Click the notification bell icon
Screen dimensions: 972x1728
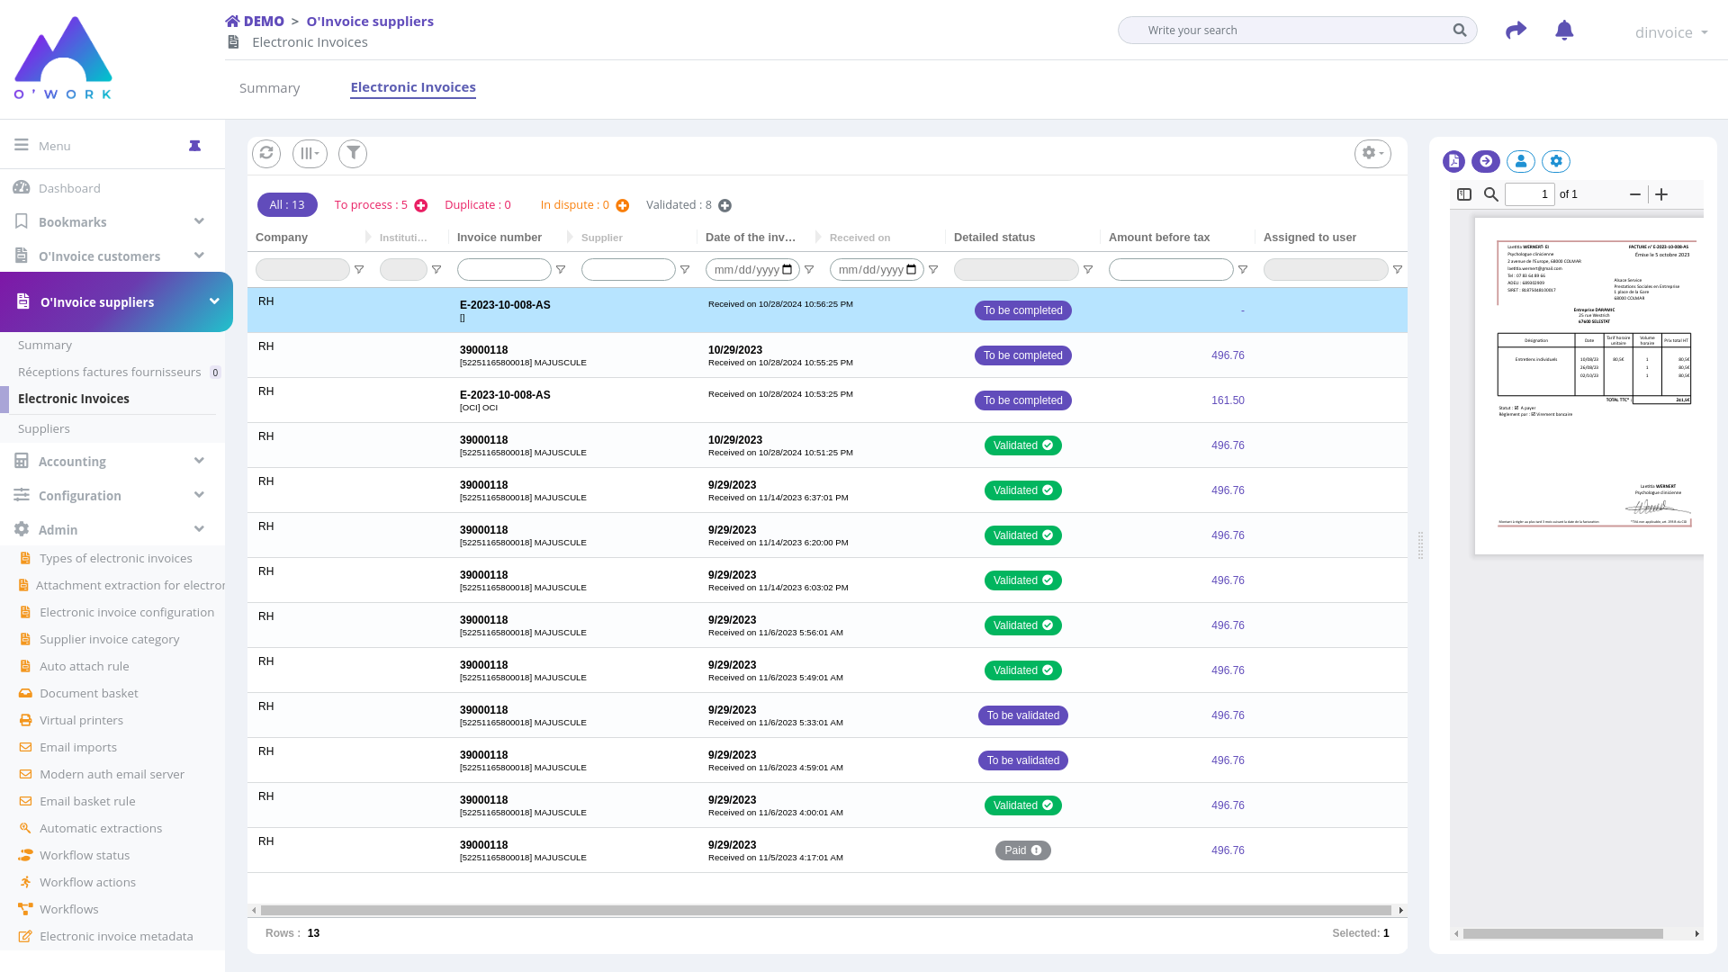[x=1564, y=31]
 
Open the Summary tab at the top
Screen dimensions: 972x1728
[x=269, y=88]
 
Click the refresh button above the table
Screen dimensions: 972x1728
[x=266, y=153]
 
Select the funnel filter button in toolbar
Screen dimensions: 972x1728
[x=353, y=153]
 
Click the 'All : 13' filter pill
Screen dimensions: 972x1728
[x=287, y=205]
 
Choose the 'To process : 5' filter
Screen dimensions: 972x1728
[x=371, y=205]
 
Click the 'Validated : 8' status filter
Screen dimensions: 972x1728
[x=679, y=205]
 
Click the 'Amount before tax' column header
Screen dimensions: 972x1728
[x=1159, y=238]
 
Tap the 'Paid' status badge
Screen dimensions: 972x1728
[x=1022, y=850]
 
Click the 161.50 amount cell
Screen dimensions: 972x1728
[x=1228, y=400]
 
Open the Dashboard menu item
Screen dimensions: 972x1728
[x=69, y=188]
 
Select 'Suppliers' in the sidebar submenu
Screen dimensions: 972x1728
[x=44, y=428]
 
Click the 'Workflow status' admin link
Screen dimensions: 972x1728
[x=85, y=855]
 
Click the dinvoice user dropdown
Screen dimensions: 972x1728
[x=1670, y=32]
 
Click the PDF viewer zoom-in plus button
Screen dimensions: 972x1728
[x=1661, y=194]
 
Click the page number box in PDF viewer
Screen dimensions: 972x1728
[x=1529, y=194]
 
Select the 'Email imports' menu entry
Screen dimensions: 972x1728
[x=78, y=747]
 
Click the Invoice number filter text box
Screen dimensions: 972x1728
[x=504, y=270]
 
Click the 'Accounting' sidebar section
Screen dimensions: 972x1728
[x=72, y=462]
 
